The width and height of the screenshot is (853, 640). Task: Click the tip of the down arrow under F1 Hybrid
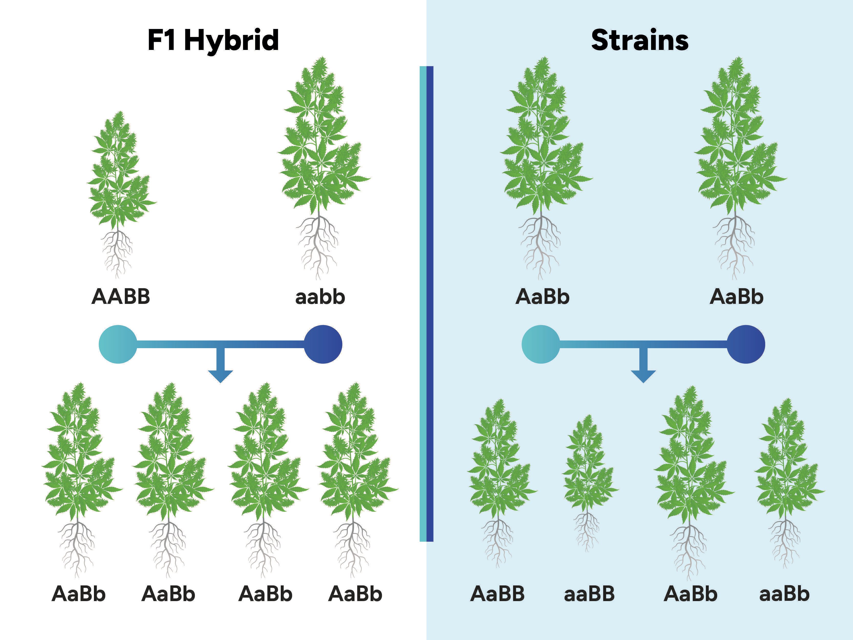coord(220,383)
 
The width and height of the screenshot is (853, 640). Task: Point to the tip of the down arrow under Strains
coord(643,383)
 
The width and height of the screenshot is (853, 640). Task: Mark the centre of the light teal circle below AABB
coord(118,344)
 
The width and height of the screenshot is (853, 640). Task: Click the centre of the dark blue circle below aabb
coord(323,344)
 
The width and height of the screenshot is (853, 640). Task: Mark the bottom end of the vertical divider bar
coord(426,541)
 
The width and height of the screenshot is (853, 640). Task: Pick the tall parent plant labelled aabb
coord(323,168)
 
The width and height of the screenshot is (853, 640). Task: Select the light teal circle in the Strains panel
coord(541,344)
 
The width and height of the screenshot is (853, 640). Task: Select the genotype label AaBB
coord(498,594)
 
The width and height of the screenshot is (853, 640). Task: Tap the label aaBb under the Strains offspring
coord(784,594)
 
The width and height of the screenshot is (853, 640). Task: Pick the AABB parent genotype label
coord(121,297)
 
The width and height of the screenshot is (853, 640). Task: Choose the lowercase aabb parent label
coord(320,297)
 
